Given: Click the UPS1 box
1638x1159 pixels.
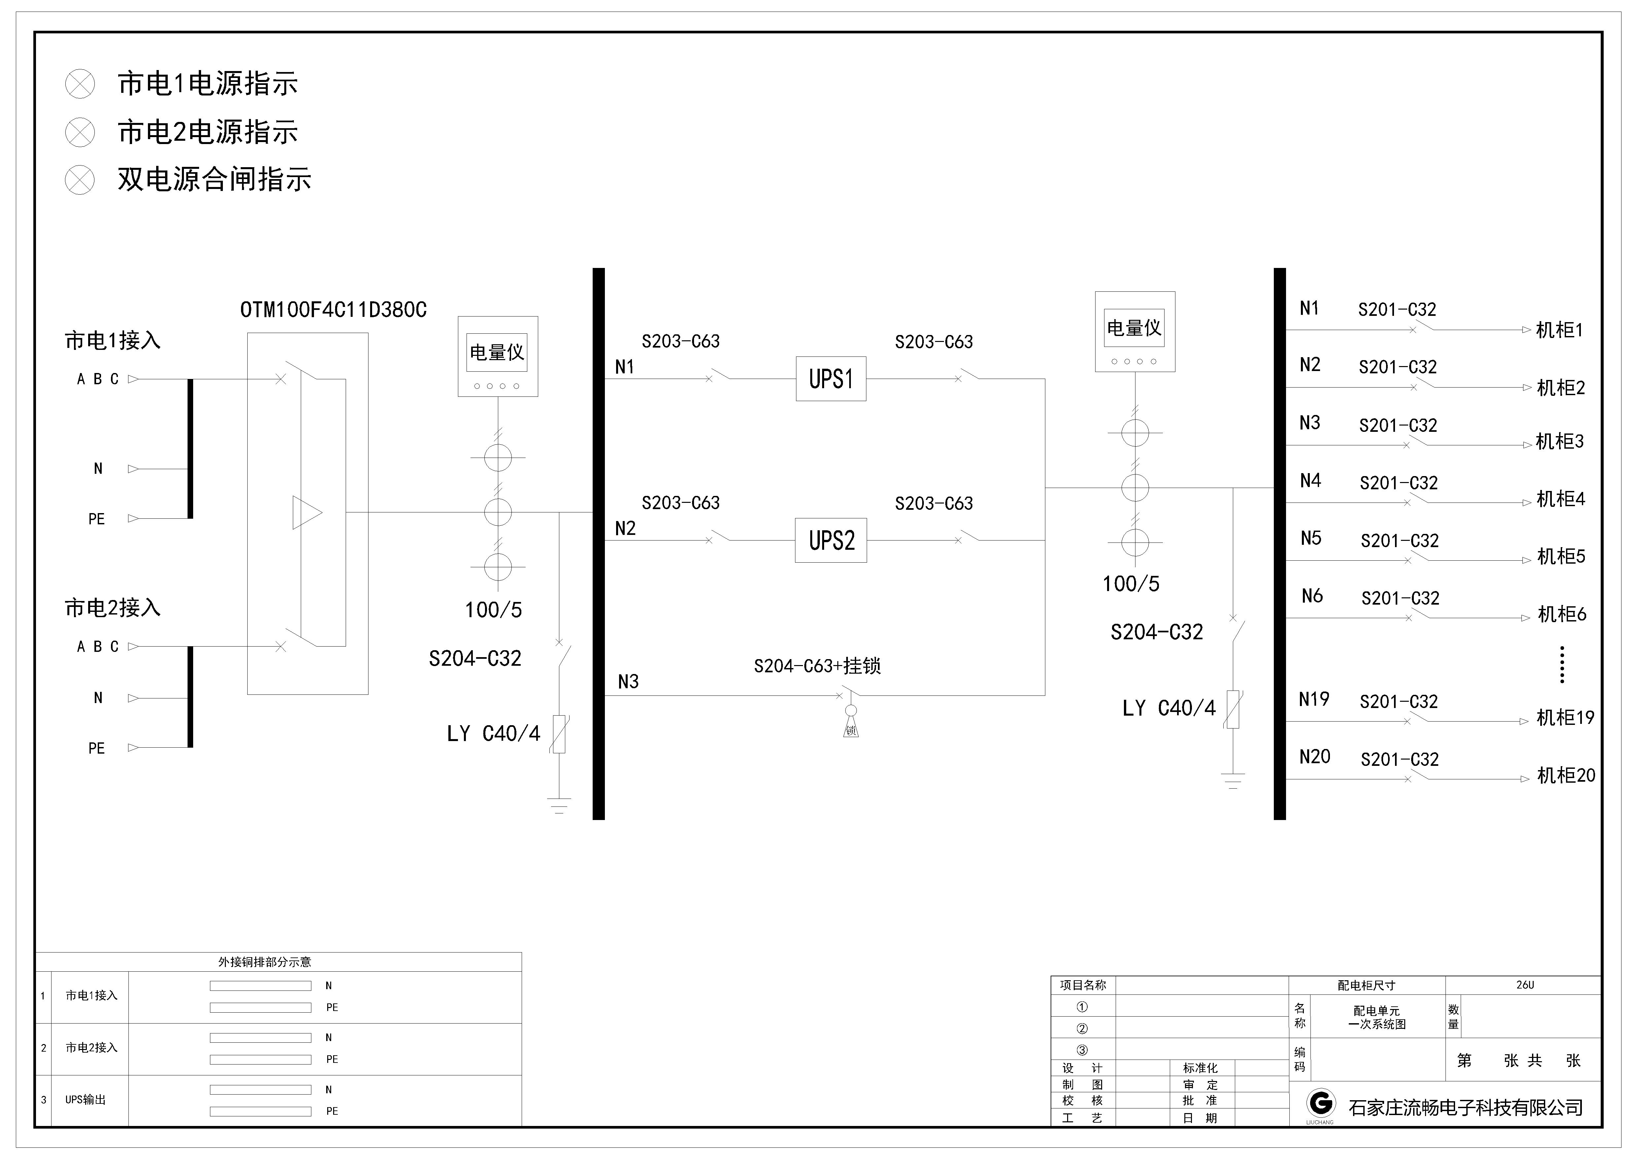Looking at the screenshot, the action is click(x=831, y=379).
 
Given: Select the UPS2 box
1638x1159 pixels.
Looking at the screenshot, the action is click(x=831, y=540).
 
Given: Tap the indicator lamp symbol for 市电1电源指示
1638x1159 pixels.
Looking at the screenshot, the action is click(x=80, y=84).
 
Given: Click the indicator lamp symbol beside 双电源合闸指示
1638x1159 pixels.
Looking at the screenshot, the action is click(x=80, y=180).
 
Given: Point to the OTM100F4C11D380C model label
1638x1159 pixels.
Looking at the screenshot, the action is click(x=333, y=310).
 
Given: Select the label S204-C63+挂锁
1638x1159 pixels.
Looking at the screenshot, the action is click(x=818, y=666).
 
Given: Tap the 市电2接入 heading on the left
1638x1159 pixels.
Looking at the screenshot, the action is click(x=113, y=608).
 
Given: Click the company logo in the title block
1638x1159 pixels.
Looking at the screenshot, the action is click(x=1320, y=1103).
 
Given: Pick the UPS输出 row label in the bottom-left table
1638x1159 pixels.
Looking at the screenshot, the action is click(x=86, y=1100).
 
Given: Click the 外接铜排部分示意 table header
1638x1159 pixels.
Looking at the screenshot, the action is click(x=265, y=962).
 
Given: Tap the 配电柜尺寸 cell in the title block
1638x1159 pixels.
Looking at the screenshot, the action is click(x=1366, y=986).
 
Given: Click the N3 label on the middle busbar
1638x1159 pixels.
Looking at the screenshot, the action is click(x=629, y=682).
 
